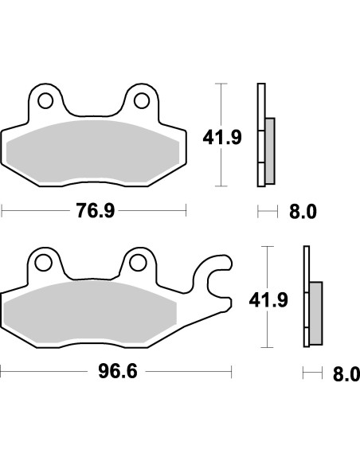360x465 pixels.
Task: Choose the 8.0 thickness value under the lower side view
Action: (x=346, y=373)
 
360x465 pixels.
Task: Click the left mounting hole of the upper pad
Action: (x=46, y=100)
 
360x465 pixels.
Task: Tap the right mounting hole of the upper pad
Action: (x=143, y=100)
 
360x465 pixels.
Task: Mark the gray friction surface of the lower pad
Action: (x=92, y=313)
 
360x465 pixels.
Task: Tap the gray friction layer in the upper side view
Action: (x=269, y=148)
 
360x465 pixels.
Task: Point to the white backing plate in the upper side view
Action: (x=260, y=135)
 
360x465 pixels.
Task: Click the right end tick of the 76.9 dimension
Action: (x=186, y=211)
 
